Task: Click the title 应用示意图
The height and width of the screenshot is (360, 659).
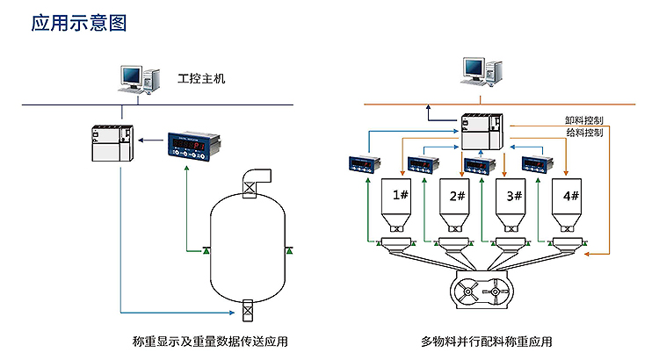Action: point(79,23)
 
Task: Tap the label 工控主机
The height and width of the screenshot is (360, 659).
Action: point(201,78)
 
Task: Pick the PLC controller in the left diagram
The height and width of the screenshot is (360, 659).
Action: point(112,143)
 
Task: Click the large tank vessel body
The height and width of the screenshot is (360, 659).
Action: point(248,251)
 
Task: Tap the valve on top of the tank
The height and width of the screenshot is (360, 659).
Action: point(249,186)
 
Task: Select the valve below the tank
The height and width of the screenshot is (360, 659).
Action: point(249,309)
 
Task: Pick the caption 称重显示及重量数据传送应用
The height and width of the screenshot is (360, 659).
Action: point(210,341)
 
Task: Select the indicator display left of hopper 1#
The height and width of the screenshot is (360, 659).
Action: point(362,162)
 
